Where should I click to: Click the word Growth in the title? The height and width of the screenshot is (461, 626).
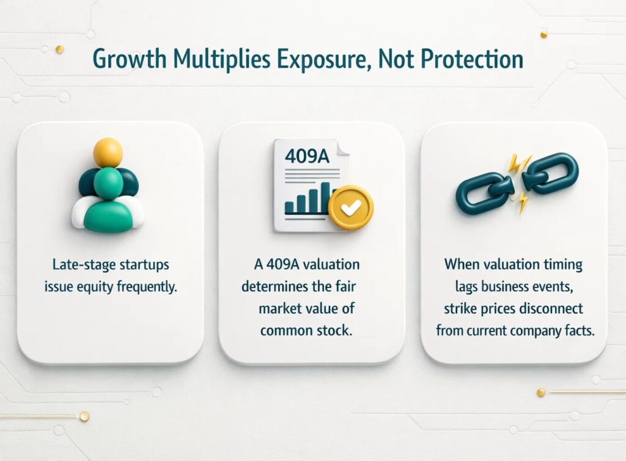pyautogui.click(x=130, y=59)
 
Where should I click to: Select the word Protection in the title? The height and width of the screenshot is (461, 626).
pyautogui.click(x=472, y=59)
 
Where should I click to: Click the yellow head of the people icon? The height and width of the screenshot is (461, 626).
pyautogui.click(x=108, y=152)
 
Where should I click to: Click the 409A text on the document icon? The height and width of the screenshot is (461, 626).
pyautogui.click(x=307, y=156)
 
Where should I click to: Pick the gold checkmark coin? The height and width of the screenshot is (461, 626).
pyautogui.click(x=350, y=208)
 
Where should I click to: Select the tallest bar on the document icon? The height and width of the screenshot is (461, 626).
pyautogui.click(x=325, y=198)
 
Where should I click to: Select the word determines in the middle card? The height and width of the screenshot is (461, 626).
pyautogui.click(x=274, y=287)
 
